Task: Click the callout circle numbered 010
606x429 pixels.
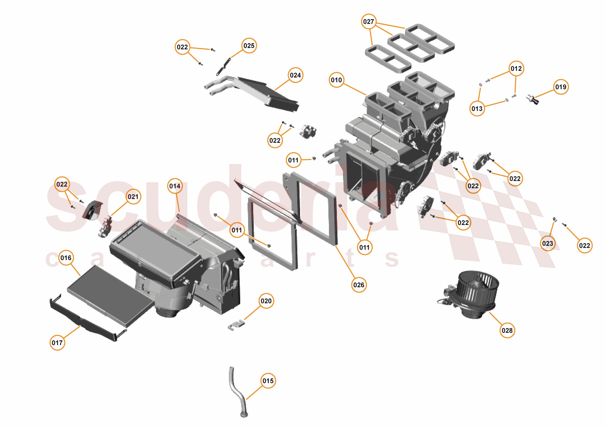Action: pos(336,80)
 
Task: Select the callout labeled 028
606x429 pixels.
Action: pos(507,330)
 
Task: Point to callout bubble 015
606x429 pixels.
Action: pos(268,381)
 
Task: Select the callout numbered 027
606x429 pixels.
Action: pos(368,21)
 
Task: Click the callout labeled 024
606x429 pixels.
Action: pos(295,75)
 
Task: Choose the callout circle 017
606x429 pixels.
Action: pos(57,343)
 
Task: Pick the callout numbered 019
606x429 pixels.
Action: pos(561,87)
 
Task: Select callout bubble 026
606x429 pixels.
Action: pos(359,285)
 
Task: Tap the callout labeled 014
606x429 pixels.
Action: pos(175,186)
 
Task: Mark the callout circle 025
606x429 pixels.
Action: pos(249,46)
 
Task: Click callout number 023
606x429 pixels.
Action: pos(547,243)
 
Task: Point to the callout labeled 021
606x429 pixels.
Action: pos(133,197)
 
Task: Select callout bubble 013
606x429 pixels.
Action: pos(477,109)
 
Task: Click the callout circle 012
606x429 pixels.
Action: pos(516,69)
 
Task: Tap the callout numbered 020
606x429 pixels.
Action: pos(266,301)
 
